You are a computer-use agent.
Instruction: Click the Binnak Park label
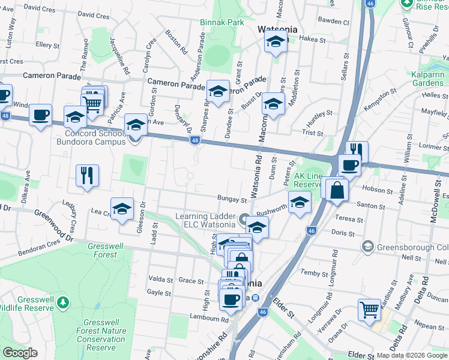(223, 22)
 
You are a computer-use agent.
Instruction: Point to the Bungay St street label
(232, 199)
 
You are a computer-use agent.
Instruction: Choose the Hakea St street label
(312, 40)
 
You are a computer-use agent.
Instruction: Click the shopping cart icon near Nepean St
(369, 310)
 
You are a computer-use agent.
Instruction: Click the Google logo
(20, 353)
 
